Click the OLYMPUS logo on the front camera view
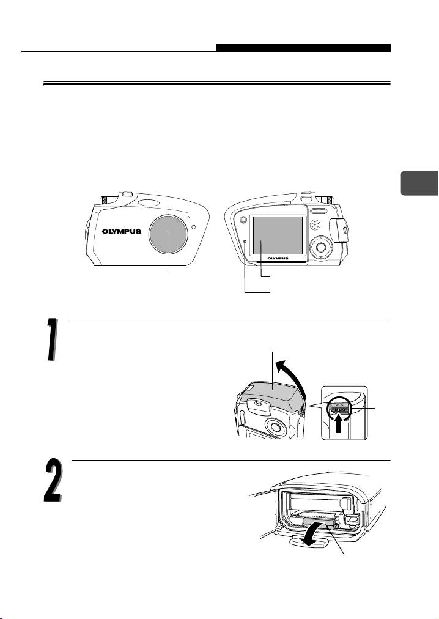[x=122, y=232]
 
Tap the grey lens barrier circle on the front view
[x=169, y=234]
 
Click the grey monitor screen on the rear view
[x=278, y=235]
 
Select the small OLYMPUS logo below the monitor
[x=278, y=258]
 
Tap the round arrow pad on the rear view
[x=321, y=247]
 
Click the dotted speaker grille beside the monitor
[x=315, y=225]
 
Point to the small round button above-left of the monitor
[x=243, y=219]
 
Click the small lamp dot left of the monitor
[x=245, y=241]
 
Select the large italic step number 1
[x=52, y=339]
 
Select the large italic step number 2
[x=53, y=480]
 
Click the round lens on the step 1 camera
[x=275, y=426]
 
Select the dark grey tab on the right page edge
[x=419, y=183]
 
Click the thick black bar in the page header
[x=304, y=48]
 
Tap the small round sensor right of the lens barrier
[x=194, y=227]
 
